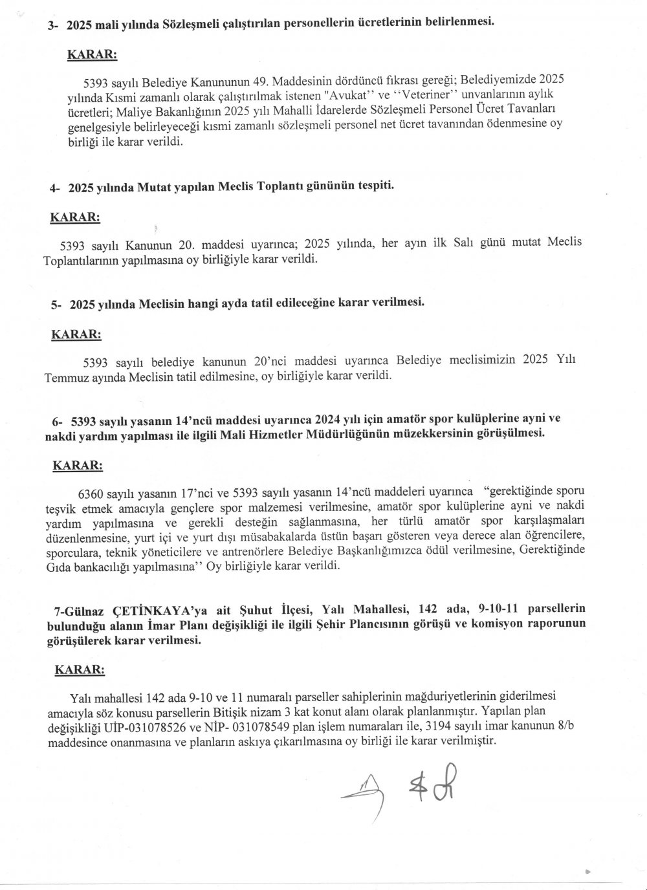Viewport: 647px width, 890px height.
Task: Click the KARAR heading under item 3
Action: [92, 55]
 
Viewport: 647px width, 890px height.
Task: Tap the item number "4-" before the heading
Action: [56, 188]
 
